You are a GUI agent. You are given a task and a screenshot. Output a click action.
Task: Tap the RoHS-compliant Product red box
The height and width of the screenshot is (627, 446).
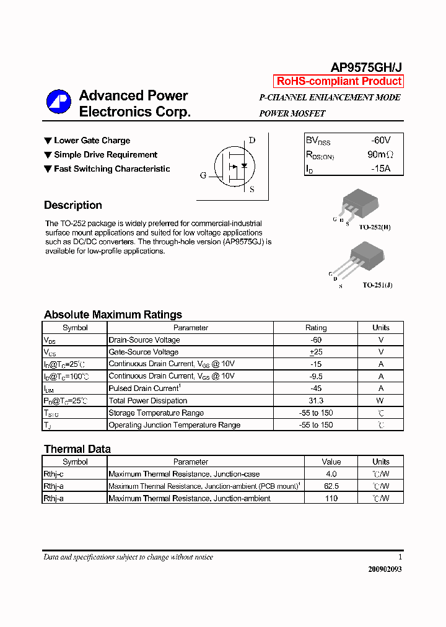(339, 81)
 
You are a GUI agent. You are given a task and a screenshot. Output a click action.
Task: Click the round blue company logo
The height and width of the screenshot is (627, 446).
(59, 102)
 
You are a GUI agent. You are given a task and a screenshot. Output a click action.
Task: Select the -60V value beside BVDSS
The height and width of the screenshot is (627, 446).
(380, 141)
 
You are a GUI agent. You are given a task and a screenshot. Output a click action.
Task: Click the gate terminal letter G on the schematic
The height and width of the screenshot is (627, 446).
(203, 175)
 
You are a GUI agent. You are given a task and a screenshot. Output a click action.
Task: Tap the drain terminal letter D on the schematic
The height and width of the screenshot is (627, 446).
(252, 140)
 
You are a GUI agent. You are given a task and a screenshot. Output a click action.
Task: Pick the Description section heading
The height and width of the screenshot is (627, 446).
(73, 205)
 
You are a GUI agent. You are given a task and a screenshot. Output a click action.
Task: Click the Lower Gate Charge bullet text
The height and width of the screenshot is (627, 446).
(92, 141)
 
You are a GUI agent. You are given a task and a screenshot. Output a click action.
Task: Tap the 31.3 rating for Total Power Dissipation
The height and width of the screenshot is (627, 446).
(316, 401)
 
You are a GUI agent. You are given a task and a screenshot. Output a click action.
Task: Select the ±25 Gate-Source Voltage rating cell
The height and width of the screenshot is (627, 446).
(316, 352)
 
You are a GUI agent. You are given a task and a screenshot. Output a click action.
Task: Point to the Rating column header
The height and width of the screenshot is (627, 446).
(316, 328)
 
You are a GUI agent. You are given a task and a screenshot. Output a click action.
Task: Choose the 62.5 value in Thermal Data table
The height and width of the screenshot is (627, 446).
(331, 486)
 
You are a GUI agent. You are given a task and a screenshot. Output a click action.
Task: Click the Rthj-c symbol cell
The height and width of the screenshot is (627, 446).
(75, 474)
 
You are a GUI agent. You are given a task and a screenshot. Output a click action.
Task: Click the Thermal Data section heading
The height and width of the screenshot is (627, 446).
(77, 449)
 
